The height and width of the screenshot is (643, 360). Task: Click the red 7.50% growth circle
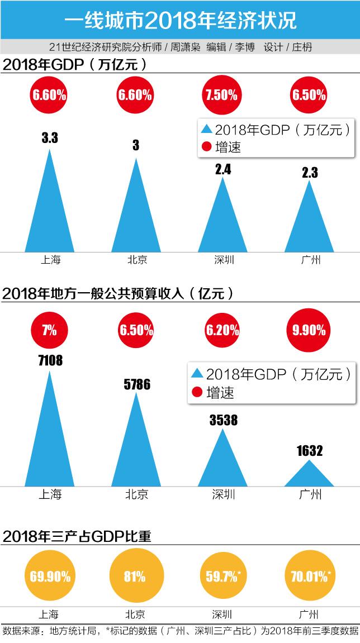[x=221, y=94]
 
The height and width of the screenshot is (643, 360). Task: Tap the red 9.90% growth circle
[x=309, y=330]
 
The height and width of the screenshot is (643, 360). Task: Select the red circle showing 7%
[x=49, y=330]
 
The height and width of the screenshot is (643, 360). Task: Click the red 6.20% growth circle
[x=222, y=330]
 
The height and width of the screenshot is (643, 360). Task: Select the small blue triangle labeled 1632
[x=309, y=475]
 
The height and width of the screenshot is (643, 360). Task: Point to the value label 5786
[x=136, y=384]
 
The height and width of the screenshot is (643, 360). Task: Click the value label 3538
[x=223, y=420]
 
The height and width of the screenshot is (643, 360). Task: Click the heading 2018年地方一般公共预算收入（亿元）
[x=117, y=293]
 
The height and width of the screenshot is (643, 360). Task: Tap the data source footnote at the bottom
[x=180, y=631]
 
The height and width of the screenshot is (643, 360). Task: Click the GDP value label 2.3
[x=309, y=173]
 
